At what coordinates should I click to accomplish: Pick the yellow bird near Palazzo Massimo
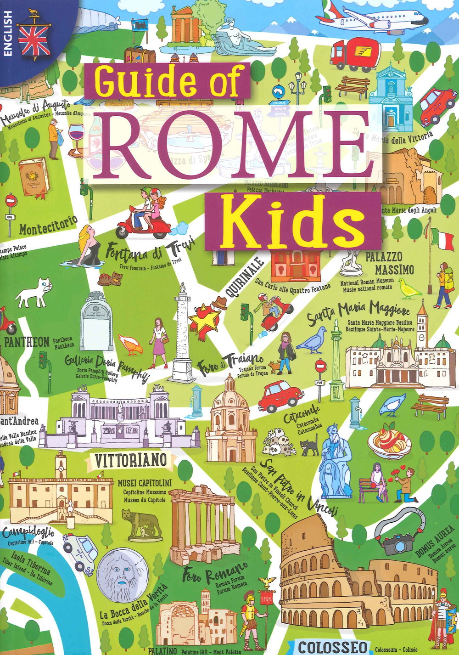(409, 289)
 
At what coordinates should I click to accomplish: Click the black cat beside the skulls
(310, 445)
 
